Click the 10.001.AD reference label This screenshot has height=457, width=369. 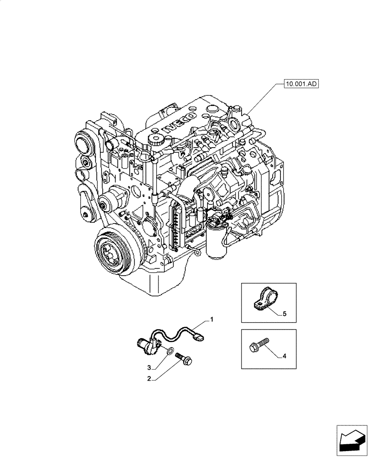[x=300, y=84]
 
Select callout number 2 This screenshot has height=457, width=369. [x=149, y=378]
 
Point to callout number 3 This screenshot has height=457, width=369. [x=149, y=367]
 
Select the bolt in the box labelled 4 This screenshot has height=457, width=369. [x=258, y=345]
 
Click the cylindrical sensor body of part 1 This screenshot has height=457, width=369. [x=148, y=345]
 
